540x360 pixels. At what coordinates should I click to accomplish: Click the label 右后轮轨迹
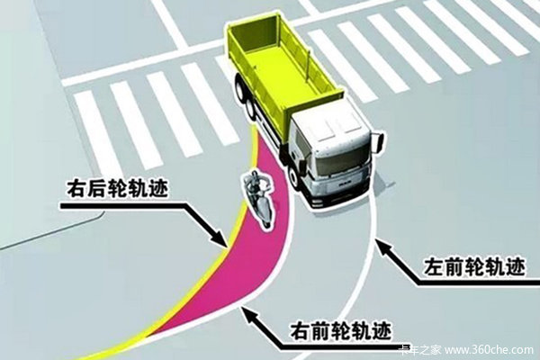point(117,188)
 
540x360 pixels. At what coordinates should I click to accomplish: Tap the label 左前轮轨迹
point(474,266)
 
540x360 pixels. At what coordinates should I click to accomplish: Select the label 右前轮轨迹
point(341,331)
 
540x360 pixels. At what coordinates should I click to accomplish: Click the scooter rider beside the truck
point(259,197)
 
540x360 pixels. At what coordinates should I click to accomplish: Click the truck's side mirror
point(380,142)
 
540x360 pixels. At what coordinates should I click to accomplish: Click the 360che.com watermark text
point(489,350)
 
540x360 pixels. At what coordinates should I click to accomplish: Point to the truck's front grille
point(345,187)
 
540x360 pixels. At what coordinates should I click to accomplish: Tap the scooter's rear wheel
point(266,220)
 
